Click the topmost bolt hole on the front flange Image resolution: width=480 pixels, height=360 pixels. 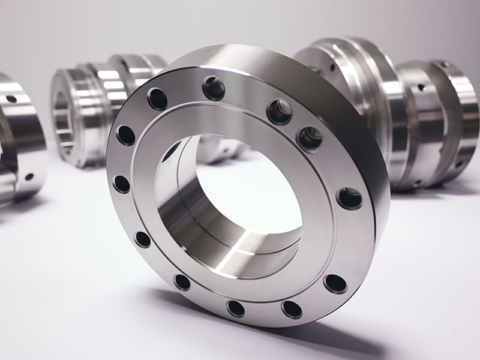pos(214,88)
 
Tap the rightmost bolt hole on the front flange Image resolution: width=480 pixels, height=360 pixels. pos(349,198)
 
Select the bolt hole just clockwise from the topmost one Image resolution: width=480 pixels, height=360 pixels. pos(280,112)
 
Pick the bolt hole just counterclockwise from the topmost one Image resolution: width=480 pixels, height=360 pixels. pos(158,99)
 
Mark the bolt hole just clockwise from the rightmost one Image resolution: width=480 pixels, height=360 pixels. pos(335,283)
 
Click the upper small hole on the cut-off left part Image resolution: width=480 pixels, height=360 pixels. pos(11,98)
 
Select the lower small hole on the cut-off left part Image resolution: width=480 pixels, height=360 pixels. pos(29,176)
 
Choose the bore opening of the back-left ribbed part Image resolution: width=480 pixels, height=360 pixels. pos(61,120)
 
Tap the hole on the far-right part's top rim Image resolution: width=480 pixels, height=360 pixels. pos(445,64)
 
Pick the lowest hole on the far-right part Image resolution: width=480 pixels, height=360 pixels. pos(458,164)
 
